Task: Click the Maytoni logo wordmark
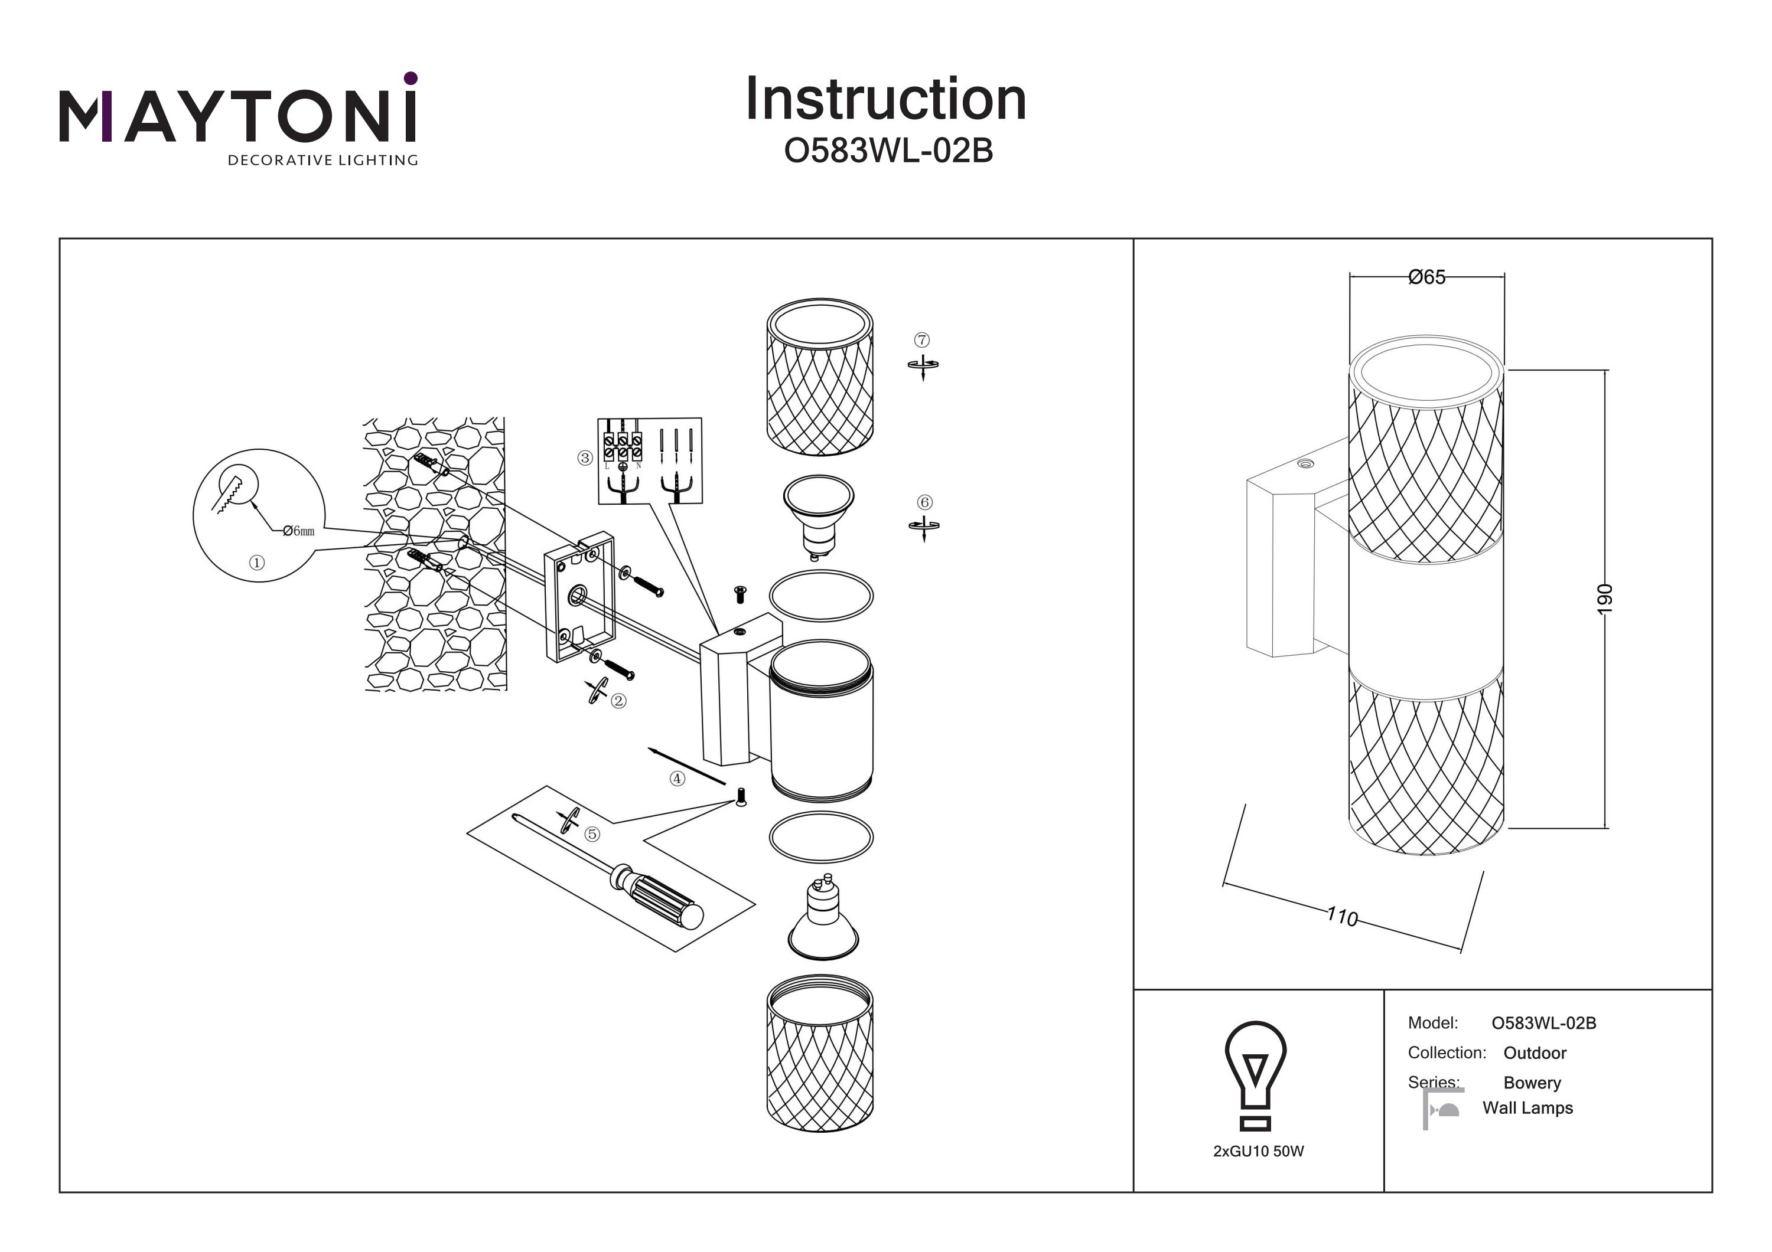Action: [x=237, y=116]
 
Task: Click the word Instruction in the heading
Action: [x=885, y=100]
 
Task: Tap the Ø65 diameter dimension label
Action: [x=1426, y=277]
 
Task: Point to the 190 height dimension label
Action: [x=1604, y=599]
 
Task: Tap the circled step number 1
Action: [x=257, y=563]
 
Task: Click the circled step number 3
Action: [x=584, y=458]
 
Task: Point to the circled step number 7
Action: [x=922, y=340]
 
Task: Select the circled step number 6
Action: [x=924, y=502]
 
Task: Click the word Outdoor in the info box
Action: [x=1535, y=1053]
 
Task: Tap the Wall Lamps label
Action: [x=1526, y=1108]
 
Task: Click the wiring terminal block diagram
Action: [x=650, y=460]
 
